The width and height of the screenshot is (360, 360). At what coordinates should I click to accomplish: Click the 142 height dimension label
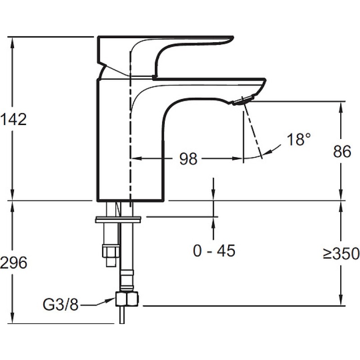13,119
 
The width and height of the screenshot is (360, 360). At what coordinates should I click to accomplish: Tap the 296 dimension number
13,262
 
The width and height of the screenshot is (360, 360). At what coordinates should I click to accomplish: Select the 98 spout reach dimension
188,159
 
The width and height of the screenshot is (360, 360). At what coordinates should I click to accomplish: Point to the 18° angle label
299,139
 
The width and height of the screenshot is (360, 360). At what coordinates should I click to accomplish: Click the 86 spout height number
342,151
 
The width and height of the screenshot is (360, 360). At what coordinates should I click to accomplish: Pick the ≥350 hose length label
341,254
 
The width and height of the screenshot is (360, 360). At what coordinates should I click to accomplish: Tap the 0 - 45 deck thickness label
214,251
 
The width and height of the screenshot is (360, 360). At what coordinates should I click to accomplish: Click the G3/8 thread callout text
61,305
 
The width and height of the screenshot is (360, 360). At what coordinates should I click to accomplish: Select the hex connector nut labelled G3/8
127,299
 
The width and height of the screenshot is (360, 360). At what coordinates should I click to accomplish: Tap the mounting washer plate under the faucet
118,219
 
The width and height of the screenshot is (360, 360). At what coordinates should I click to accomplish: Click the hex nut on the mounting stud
111,251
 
